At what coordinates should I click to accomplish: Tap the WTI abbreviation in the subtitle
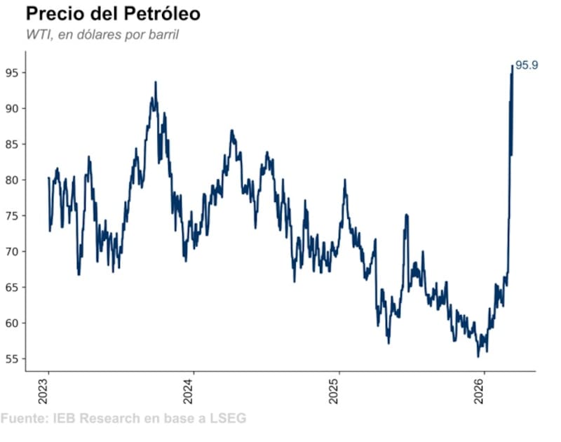36,34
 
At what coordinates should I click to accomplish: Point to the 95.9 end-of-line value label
527,65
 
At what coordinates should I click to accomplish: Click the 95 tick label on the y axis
12,72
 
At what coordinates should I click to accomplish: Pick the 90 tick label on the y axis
12,108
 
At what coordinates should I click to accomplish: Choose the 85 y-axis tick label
12,144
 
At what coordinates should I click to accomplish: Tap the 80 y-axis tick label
12,180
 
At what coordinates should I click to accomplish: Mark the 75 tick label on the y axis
12,215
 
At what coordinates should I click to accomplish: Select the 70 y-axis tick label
12,251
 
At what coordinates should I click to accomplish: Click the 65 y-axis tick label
12,287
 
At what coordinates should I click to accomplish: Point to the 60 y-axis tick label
12,323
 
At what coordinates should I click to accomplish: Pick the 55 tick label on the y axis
12,359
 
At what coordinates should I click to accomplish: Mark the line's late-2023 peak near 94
155,82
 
